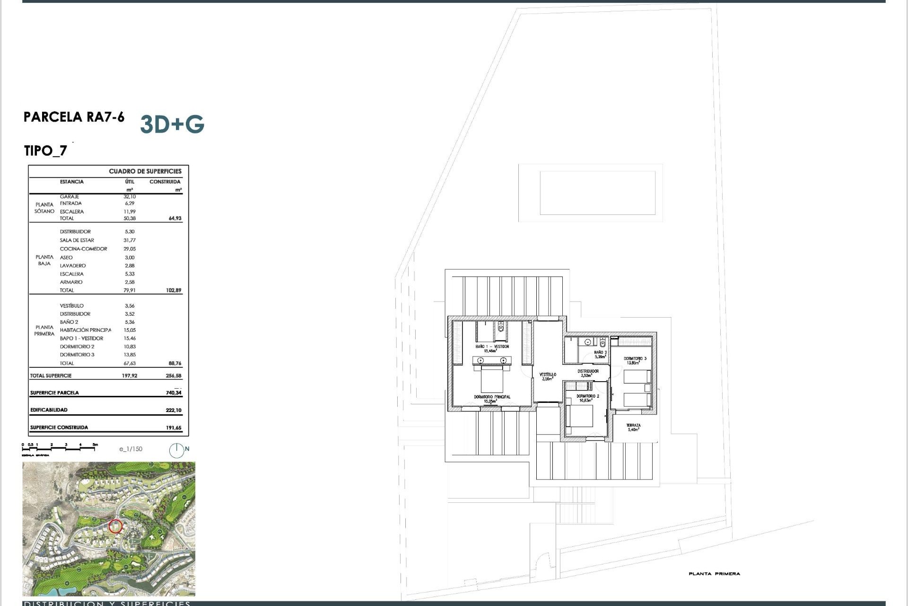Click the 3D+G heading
pos(172,124)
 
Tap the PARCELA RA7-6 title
pos(74,117)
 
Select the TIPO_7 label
pos(45,151)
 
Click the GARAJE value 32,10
pos(130,196)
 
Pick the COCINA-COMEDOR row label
pos(83,249)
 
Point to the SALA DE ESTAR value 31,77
pos(130,240)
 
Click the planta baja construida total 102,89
pos(174,290)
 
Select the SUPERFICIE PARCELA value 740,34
pos(174,392)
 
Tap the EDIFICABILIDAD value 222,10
pos(174,410)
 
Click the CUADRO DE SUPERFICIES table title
pos(145,171)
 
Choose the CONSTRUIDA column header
pos(165,182)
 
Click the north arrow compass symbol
pos(177,450)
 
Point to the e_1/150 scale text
pos(131,449)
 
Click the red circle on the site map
pos(115,526)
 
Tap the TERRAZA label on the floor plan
pos(633,426)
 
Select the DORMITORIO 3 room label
pos(635,359)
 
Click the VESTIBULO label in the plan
pos(548,374)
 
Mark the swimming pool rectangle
pos(597,193)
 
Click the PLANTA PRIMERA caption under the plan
pos(714,574)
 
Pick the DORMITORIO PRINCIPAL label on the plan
pos(492,397)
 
